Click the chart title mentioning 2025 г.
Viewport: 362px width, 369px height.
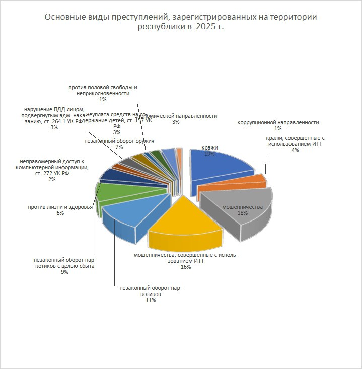click(x=181, y=22)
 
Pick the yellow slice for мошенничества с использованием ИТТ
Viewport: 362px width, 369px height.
click(x=186, y=222)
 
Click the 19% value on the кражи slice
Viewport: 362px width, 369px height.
click(x=209, y=154)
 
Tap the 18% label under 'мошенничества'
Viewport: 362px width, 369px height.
click(x=243, y=213)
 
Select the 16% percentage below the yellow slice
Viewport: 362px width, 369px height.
click(x=186, y=267)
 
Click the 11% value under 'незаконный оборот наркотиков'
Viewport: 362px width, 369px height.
click(x=151, y=300)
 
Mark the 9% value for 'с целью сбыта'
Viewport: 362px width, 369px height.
click(x=64, y=272)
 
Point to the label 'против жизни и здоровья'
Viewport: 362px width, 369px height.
click(x=60, y=207)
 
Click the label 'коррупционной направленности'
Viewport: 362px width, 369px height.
click(x=278, y=122)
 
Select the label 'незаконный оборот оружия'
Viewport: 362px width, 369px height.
click(x=119, y=141)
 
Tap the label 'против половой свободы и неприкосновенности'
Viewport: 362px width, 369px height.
click(x=103, y=90)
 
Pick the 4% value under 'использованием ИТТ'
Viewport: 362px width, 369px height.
click(x=295, y=150)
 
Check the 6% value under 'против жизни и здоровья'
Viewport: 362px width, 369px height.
click(x=60, y=213)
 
